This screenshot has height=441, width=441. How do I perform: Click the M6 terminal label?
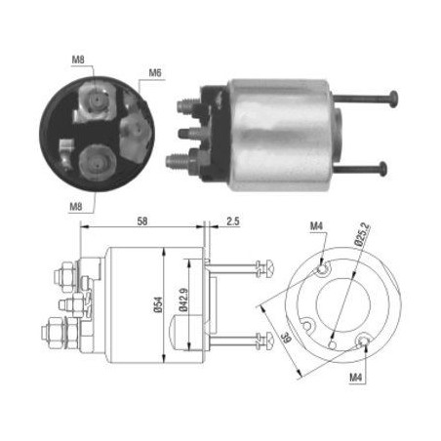click(155, 72)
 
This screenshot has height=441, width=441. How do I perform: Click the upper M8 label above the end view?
click(78, 60)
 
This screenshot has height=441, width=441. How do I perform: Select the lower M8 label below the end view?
click(76, 206)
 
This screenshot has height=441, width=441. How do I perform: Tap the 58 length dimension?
click(142, 221)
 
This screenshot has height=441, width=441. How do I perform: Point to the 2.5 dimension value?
click(233, 221)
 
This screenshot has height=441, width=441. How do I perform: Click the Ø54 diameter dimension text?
click(158, 304)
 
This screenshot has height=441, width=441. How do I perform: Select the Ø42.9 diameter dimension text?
click(183, 300)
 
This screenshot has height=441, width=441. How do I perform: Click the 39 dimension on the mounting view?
click(286, 338)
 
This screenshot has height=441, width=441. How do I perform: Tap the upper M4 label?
click(316, 225)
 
